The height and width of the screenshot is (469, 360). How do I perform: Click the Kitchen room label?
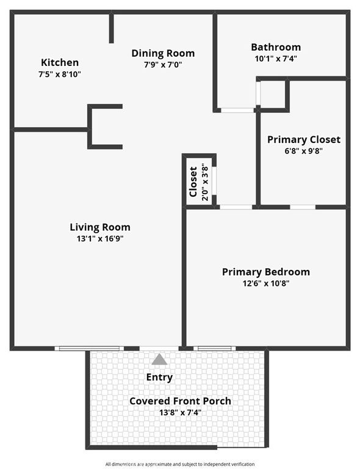(60, 62)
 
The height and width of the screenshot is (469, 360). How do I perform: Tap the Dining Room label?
(163, 53)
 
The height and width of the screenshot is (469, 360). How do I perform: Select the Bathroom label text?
(276, 47)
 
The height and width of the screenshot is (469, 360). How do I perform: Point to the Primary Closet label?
(304, 140)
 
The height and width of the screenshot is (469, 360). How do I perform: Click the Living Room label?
(100, 227)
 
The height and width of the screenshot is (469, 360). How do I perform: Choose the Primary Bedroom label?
(266, 272)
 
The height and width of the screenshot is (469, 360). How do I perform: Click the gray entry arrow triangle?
(159, 359)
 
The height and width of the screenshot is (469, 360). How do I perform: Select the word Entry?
(159, 377)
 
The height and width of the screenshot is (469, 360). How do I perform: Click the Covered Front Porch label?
(180, 401)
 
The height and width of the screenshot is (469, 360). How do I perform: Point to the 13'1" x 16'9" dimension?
(100, 239)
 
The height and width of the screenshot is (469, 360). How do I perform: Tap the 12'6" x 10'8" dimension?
(266, 283)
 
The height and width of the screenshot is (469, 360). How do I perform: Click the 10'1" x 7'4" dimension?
(276, 59)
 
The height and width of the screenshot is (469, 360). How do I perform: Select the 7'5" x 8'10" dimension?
(60, 74)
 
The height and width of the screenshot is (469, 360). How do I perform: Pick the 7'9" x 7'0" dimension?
(163, 64)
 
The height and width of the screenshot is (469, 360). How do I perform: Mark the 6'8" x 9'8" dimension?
(304, 151)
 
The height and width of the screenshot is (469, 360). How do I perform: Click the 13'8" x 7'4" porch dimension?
(180, 412)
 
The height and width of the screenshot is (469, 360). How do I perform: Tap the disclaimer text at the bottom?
(180, 464)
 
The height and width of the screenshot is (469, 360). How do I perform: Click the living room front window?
(89, 348)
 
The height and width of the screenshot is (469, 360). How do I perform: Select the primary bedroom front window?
(215, 348)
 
